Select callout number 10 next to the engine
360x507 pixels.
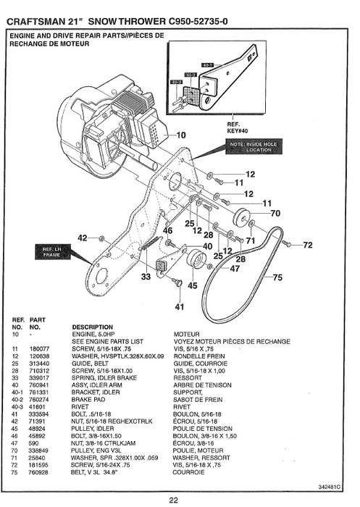tap(180, 135)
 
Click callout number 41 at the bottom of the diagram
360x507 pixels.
tap(179, 306)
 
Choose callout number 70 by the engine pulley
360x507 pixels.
tap(275, 214)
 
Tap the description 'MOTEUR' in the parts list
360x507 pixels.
tap(186, 334)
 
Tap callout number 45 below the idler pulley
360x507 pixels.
tap(192, 285)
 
